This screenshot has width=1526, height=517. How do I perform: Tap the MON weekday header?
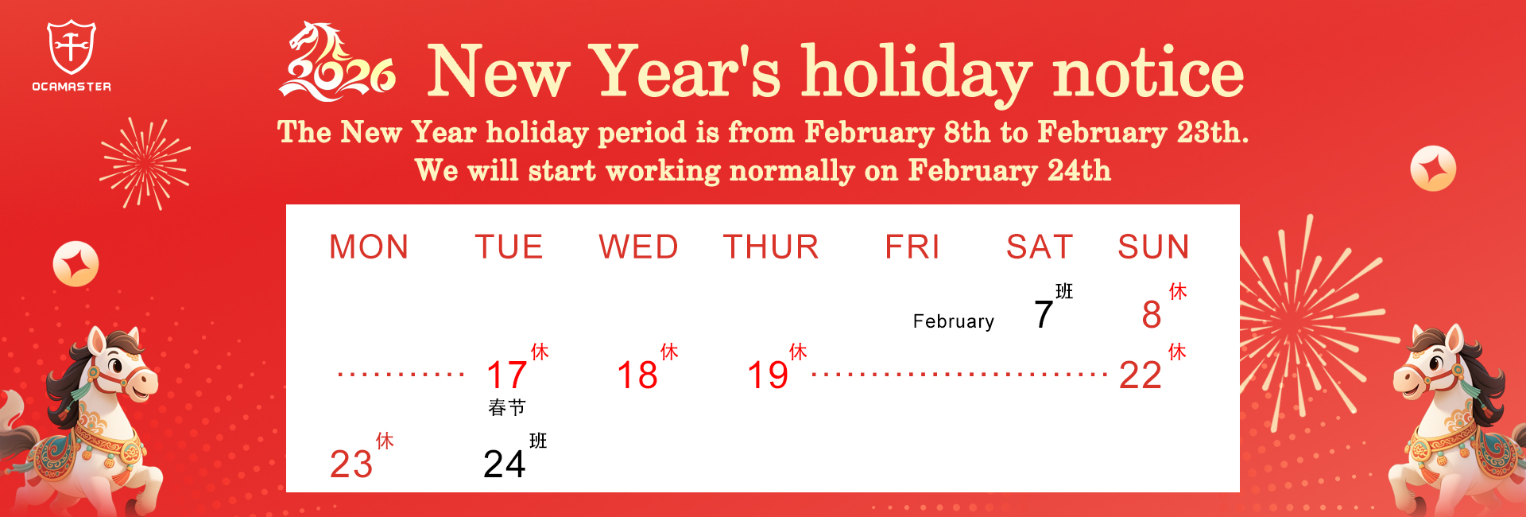(x=370, y=247)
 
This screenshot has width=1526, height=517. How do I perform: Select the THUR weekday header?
(x=771, y=247)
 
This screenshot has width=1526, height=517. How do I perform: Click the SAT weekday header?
(x=1040, y=247)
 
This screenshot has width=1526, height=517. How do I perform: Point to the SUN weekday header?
(x=1154, y=247)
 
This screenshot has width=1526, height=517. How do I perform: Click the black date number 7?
(x=1044, y=315)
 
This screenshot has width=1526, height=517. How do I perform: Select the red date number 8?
(x=1152, y=315)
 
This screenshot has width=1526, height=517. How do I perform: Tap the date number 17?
(x=506, y=375)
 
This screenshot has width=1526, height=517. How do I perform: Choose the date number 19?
(x=768, y=375)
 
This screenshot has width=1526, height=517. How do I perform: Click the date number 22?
(x=1141, y=375)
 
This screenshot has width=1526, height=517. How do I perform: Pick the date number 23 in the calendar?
(x=351, y=465)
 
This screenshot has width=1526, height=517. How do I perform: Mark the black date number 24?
(x=505, y=465)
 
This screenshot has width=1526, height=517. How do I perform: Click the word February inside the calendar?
(x=954, y=321)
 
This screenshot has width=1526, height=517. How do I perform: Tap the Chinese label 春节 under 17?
(x=507, y=408)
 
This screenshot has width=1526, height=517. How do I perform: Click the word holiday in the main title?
(x=917, y=73)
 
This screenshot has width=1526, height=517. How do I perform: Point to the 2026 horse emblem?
(x=337, y=62)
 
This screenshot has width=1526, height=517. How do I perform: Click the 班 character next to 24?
(x=538, y=441)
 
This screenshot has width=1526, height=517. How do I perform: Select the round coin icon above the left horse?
(x=76, y=263)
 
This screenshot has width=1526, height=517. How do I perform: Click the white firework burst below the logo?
(x=145, y=164)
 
